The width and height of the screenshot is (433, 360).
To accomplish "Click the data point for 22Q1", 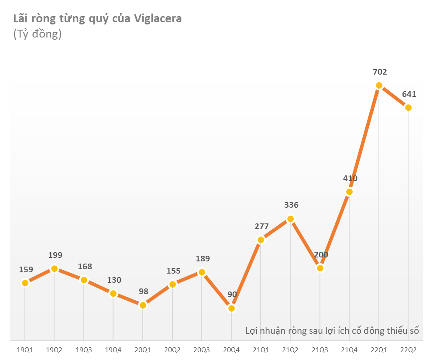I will tap(379, 86).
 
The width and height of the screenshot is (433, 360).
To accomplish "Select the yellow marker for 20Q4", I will tap(231, 309).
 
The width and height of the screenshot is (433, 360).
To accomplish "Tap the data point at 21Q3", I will tap(320, 268).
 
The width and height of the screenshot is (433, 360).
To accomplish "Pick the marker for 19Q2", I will tap(54, 268).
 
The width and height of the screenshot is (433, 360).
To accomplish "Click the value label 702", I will tap(379, 72).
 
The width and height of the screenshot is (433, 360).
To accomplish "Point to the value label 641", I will tap(409, 94).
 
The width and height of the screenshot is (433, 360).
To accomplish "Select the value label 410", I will tap(350, 178).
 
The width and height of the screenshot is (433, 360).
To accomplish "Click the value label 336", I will tap(291, 205).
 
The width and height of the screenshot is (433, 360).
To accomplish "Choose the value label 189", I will tap(202, 258).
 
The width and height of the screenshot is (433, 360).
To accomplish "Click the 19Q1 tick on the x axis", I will tap(25, 350).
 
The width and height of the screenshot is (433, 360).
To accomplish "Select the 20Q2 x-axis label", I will tap(172, 350).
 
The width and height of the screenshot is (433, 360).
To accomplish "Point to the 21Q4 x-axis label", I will tap(349, 350).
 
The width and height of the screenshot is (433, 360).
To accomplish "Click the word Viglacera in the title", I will tap(158, 18).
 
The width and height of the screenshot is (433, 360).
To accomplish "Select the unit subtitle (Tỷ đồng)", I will tap(38, 34).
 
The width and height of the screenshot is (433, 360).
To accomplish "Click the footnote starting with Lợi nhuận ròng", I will tap(332, 330).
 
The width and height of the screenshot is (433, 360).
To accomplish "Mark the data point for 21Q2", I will tap(290, 219).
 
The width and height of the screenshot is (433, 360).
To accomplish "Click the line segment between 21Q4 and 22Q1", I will tap(364, 139).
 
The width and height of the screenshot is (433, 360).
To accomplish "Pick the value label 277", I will tap(261, 226).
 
